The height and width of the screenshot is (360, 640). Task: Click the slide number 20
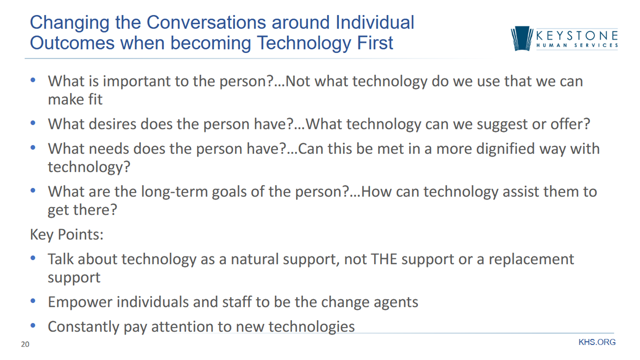tap(25, 344)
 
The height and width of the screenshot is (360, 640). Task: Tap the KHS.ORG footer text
tap(597, 342)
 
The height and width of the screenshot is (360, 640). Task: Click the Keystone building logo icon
tap(521, 38)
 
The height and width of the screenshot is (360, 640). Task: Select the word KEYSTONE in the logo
tap(577, 36)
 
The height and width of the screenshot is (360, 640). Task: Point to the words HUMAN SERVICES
tap(577, 45)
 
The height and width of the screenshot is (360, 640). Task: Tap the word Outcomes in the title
tap(72, 43)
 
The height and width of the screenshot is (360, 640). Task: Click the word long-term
tap(174, 191)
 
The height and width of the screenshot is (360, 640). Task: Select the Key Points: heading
tap(66, 235)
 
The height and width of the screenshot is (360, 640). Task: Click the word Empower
tap(80, 302)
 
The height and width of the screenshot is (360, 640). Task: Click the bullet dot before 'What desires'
tap(33, 123)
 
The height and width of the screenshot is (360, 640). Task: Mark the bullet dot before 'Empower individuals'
tap(33, 301)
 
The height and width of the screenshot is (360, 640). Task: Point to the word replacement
tap(531, 259)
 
